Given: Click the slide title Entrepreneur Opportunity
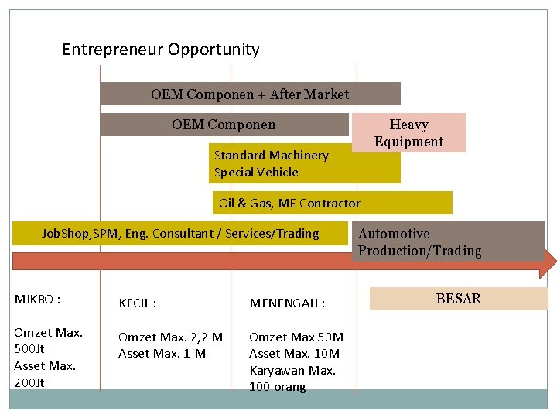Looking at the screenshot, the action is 161,50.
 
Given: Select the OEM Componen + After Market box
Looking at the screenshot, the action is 250,94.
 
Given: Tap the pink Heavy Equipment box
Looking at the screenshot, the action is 408,133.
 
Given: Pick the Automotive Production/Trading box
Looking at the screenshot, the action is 449,242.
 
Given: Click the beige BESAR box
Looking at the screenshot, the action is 458,299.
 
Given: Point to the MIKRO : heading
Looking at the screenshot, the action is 38,299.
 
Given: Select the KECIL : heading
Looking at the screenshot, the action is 138,303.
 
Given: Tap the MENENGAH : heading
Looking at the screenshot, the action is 287,303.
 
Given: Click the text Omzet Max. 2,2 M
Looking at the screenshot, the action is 170,337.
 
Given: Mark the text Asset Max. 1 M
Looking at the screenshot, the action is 162,354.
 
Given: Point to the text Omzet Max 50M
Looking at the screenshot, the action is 296,337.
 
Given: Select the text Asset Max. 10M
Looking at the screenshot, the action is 294,354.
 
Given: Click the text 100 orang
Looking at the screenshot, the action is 277,387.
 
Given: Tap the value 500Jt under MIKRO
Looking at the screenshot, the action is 30,349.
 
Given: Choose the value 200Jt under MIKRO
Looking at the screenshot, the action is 30,382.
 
